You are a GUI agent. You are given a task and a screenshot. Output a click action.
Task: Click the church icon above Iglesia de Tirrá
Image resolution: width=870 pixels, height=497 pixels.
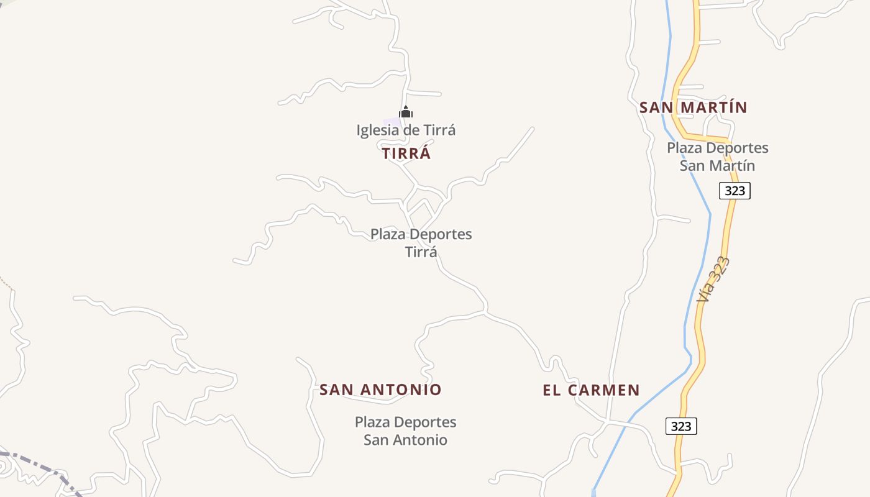(x=406, y=112)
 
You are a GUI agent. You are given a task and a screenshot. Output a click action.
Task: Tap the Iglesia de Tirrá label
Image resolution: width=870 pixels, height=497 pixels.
(x=406, y=130)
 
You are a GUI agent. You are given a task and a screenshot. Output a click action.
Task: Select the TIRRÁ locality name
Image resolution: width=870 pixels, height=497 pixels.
(x=406, y=153)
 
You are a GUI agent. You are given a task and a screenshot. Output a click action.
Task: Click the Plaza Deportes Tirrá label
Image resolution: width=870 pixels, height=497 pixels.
(x=421, y=243)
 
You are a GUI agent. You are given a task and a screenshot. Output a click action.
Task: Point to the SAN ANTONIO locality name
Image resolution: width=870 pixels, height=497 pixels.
(x=380, y=390)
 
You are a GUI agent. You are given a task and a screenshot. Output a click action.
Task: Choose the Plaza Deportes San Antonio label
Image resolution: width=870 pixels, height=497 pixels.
(x=405, y=431)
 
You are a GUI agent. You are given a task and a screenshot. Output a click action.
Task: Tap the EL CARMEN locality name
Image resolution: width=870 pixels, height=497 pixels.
(x=591, y=390)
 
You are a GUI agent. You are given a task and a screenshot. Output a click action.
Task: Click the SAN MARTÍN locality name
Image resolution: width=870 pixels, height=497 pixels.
(x=693, y=107)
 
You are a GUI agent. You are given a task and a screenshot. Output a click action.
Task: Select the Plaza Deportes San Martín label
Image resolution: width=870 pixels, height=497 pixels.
(x=718, y=157)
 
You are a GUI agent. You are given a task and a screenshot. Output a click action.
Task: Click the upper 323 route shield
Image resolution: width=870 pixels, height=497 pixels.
(x=735, y=191)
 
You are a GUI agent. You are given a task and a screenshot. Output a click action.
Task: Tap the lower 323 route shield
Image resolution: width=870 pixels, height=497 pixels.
(x=681, y=426)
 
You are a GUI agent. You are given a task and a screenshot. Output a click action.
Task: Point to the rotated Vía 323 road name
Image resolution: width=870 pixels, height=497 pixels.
(x=713, y=280)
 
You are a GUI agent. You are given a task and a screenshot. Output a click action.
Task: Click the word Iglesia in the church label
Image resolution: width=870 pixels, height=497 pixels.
(x=377, y=130)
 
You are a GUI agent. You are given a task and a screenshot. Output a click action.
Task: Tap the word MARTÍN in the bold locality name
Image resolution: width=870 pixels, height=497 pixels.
(x=712, y=107)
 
